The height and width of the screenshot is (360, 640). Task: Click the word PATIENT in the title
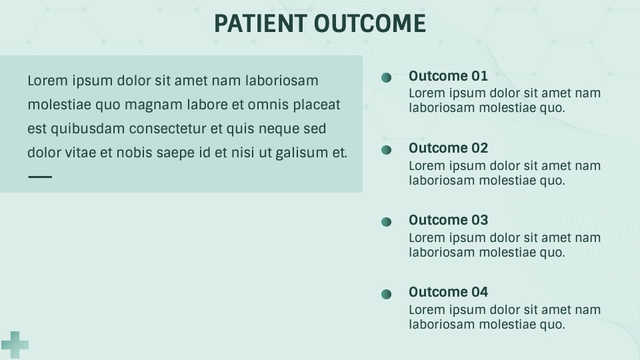click(x=261, y=23)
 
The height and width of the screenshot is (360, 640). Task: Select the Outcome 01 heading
click(x=448, y=76)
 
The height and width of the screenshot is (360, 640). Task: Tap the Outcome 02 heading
click(x=448, y=148)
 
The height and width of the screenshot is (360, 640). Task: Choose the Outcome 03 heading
click(x=448, y=220)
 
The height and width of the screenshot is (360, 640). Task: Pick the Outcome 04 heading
click(x=448, y=292)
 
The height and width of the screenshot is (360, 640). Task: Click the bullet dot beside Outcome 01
click(x=387, y=78)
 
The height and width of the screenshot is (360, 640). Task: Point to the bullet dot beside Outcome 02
click(x=387, y=150)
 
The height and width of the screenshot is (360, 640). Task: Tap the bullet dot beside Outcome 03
click(x=387, y=222)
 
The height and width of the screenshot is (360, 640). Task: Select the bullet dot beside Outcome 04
click(x=387, y=294)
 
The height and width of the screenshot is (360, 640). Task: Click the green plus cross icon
click(x=15, y=345)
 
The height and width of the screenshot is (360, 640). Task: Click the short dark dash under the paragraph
click(x=40, y=177)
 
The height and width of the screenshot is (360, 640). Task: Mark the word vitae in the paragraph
click(x=81, y=153)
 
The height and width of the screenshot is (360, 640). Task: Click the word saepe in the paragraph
click(x=175, y=153)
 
